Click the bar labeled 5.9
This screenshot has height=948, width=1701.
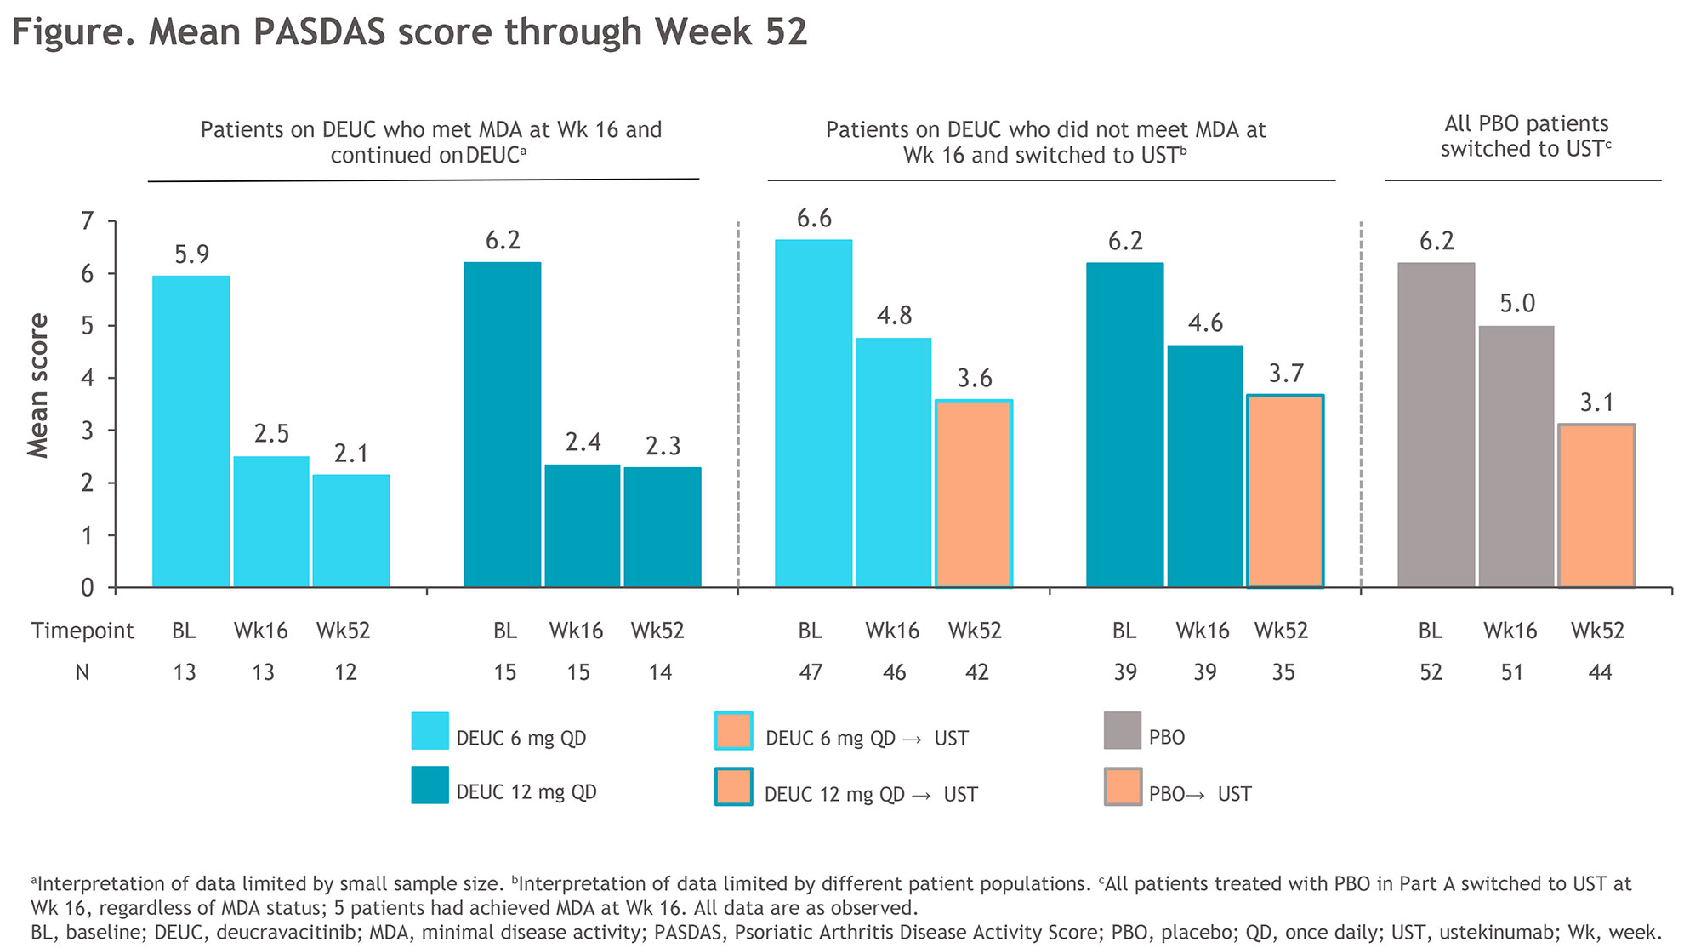coord(191,431)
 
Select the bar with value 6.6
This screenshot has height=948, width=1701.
coord(813,413)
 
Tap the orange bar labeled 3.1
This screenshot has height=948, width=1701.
coord(1596,505)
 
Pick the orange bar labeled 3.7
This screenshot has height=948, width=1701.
coord(1285,491)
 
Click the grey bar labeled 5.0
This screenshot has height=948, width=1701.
coord(1516,456)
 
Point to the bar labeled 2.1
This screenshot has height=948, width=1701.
coord(350,530)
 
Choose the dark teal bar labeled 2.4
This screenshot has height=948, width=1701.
coord(582,525)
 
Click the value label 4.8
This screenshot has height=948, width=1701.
coord(894,316)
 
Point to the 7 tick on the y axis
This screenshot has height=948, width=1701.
coord(87,221)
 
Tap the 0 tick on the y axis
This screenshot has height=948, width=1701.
coord(87,587)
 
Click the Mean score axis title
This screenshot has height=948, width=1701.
coord(38,385)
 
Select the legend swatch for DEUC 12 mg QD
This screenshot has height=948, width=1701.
coord(430,785)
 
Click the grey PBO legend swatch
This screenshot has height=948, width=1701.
coord(1122,731)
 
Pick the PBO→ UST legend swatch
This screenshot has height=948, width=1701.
coord(1123,787)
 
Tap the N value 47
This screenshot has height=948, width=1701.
coord(811,672)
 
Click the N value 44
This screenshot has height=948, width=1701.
coord(1600,672)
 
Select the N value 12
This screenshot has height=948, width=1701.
coord(345,672)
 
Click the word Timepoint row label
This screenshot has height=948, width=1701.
coord(82,631)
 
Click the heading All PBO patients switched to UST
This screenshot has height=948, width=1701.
coord(1525,136)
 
